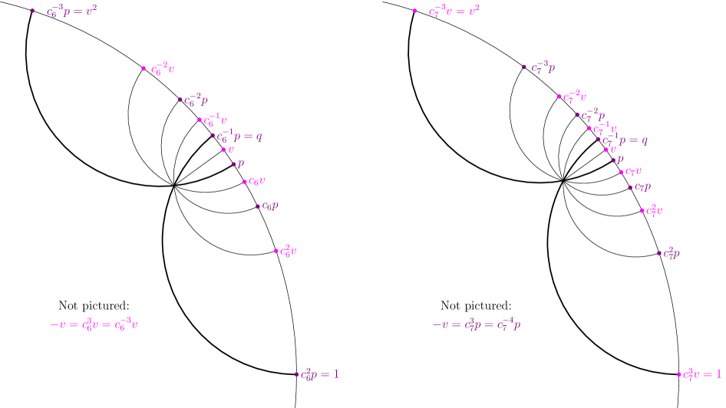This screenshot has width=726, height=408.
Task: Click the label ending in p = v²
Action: point(71,12)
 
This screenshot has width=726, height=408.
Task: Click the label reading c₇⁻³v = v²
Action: point(454,11)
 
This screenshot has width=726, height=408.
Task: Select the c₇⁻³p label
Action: point(543,67)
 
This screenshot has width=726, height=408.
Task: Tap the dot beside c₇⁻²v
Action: point(559,97)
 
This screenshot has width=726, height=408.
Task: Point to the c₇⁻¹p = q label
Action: point(625,140)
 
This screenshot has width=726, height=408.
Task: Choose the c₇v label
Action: point(633,172)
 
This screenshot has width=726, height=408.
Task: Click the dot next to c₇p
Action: point(630,186)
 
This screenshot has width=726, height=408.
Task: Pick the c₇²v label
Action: point(654,210)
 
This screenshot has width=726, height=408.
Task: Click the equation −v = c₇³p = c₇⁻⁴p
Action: point(476,324)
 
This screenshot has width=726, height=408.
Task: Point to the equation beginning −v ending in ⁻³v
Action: point(94,324)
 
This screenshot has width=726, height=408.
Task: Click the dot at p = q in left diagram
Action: point(213,136)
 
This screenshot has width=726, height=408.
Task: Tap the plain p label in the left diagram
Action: point(240,163)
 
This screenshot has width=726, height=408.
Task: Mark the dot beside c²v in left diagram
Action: point(276,251)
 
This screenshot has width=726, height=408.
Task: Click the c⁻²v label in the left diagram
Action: point(163,69)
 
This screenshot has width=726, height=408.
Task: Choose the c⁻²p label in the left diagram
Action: point(196,100)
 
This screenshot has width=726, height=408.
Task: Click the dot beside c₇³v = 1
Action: point(678,374)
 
